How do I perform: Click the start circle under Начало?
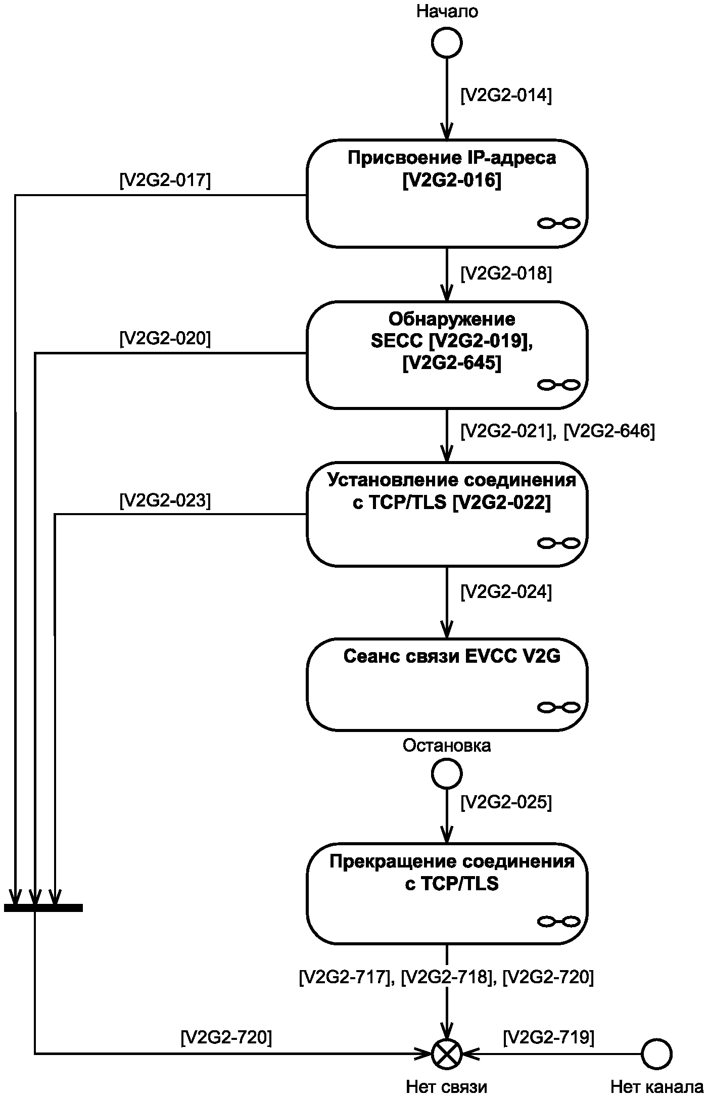click(447, 42)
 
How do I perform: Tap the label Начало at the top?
click(447, 11)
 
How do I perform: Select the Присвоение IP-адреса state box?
click(447, 193)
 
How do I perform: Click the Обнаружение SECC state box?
click(447, 354)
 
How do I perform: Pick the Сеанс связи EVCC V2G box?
click(447, 684)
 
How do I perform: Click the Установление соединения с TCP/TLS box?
click(447, 514)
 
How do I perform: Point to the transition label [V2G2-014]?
click(506, 96)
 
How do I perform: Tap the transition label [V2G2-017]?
click(165, 180)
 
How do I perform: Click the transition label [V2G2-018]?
click(506, 273)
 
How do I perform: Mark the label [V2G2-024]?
click(506, 591)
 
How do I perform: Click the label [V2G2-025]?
click(506, 802)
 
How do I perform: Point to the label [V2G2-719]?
click(548, 1037)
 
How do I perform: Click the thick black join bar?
click(43, 908)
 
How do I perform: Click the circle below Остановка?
click(447, 773)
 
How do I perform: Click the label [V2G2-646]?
click(609, 432)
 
